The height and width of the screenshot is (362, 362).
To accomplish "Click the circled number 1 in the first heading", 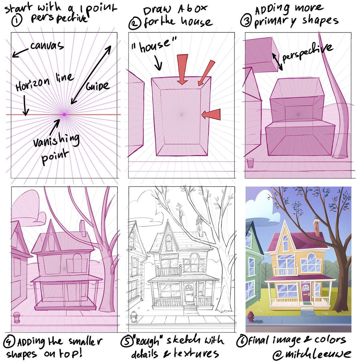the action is click(x=17, y=21).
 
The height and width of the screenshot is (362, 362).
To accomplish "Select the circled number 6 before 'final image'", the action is click(x=242, y=340).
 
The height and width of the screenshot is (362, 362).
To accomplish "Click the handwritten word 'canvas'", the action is click(x=47, y=46).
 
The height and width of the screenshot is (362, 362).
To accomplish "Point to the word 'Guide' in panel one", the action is click(x=97, y=86).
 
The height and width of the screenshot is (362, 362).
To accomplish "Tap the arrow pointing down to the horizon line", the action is click(x=25, y=105).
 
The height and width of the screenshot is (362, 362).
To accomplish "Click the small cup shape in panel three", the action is click(x=250, y=163).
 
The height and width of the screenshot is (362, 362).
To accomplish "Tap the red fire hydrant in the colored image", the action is click(x=250, y=317).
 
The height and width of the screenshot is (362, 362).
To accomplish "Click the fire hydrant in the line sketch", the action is click(x=134, y=317).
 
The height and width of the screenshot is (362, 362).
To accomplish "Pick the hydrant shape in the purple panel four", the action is click(x=17, y=317).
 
